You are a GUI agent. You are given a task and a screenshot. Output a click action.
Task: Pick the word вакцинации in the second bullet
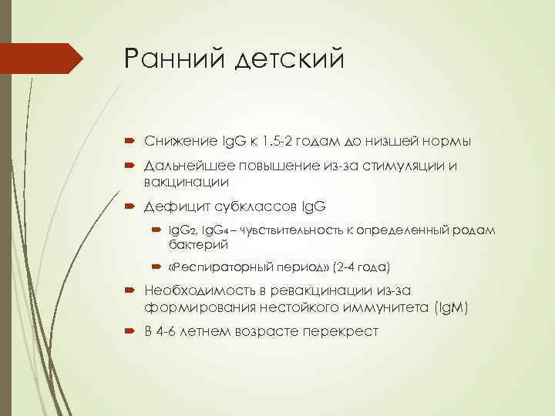(186, 182)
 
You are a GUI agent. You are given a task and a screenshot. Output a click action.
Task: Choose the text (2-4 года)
(362, 267)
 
